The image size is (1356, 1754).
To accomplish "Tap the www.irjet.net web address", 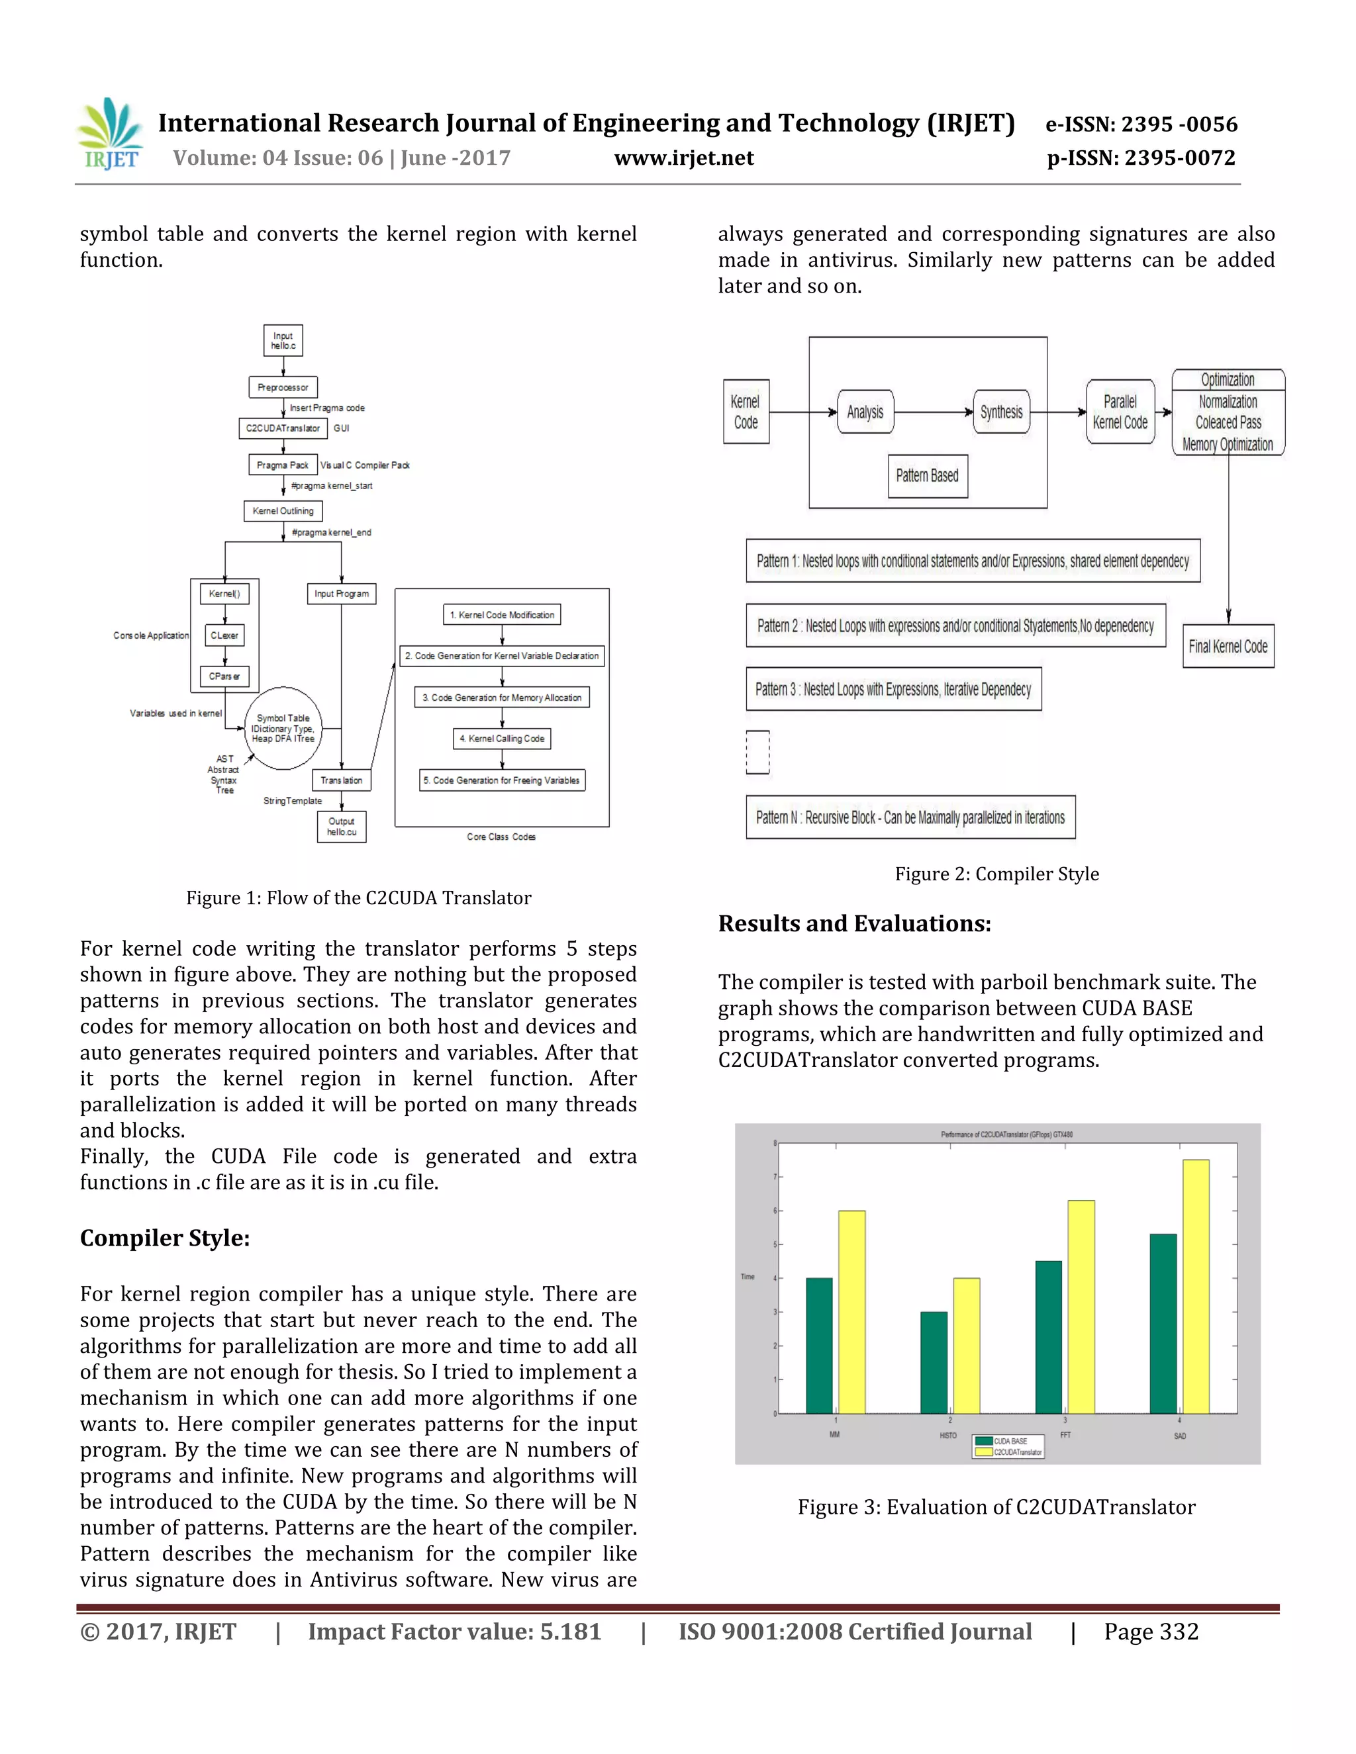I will click(x=683, y=158).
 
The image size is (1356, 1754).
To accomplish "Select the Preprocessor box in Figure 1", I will click(x=283, y=387).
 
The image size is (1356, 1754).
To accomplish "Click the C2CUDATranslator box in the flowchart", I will click(x=283, y=428).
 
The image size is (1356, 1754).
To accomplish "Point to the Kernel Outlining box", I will click(x=283, y=511).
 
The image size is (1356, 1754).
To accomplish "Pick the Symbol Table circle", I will click(x=283, y=727).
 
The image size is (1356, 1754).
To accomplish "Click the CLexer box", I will click(x=224, y=635).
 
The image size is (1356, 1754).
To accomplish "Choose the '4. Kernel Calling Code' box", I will click(x=502, y=739).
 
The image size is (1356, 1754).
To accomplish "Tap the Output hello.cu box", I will click(x=342, y=827).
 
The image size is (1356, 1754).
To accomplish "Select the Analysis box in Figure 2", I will click(x=865, y=412).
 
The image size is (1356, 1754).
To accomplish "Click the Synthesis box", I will click(x=1001, y=412).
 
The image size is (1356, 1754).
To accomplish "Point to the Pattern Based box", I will click(x=927, y=475).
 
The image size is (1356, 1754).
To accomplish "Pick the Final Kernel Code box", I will click(x=1228, y=647).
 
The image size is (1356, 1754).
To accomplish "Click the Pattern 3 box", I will click(x=893, y=689).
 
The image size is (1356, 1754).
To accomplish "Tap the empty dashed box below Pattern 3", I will click(x=757, y=752).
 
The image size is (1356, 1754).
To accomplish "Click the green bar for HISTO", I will click(x=934, y=1362).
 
